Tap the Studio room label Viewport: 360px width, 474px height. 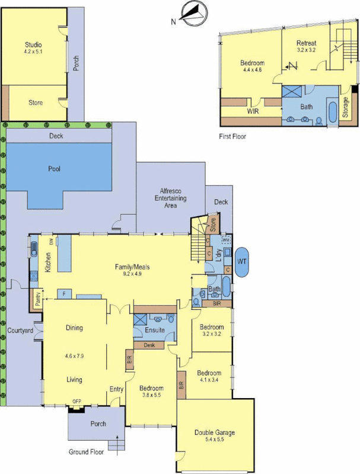tap(33, 44)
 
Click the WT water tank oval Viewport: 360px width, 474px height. tap(242, 261)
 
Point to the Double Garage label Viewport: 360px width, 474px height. tap(215, 433)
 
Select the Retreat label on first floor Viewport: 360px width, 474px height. tap(307, 43)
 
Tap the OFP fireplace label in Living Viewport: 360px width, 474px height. tap(77, 402)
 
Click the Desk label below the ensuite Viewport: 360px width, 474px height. tap(146, 345)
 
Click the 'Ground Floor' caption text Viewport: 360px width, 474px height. tap(86, 451)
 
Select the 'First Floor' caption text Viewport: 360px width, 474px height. tap(231, 136)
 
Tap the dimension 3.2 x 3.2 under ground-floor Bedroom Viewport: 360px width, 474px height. tap(211, 334)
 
